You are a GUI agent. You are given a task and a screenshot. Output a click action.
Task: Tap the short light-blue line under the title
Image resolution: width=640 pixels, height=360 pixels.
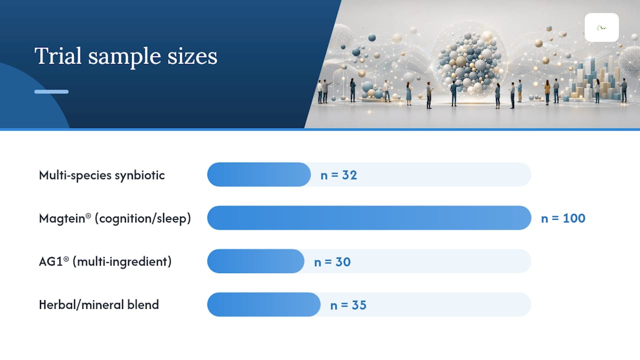tap(51, 91)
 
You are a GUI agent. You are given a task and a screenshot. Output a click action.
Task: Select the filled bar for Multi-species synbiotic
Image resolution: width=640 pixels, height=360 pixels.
tap(259, 174)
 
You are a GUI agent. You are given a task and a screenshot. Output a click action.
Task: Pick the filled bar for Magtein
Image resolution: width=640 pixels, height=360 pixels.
tap(369, 217)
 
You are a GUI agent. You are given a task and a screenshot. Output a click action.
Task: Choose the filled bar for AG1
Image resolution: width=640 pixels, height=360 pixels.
tap(255, 261)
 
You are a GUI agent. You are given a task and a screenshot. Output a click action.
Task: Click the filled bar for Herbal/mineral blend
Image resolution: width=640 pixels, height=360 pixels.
tap(263, 304)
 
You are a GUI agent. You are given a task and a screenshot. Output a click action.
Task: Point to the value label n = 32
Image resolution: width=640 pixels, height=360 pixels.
tap(338, 175)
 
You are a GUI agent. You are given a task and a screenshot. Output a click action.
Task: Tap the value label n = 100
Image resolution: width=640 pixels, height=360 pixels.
tap(563, 218)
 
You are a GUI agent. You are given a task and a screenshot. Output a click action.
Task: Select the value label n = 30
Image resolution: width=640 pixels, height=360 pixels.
tap(332, 262)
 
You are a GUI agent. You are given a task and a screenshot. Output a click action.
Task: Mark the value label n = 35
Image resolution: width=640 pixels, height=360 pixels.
tap(348, 305)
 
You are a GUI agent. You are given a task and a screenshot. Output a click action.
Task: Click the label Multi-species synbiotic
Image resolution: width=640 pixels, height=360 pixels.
tap(101, 175)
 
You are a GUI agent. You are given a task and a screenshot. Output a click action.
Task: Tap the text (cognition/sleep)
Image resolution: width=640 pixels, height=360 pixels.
tap(143, 218)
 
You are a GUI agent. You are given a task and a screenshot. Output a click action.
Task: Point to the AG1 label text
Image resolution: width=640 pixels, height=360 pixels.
tap(53, 261)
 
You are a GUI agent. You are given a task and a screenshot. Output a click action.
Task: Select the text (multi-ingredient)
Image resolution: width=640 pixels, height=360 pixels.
tap(122, 261)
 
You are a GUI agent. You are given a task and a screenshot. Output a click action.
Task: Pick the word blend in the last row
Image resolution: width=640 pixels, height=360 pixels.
tap(143, 304)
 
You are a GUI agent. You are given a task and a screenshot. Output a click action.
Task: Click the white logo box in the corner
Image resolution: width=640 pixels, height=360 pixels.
tap(601, 27)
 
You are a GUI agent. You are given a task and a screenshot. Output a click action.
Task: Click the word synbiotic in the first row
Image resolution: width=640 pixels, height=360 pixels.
tap(139, 175)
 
